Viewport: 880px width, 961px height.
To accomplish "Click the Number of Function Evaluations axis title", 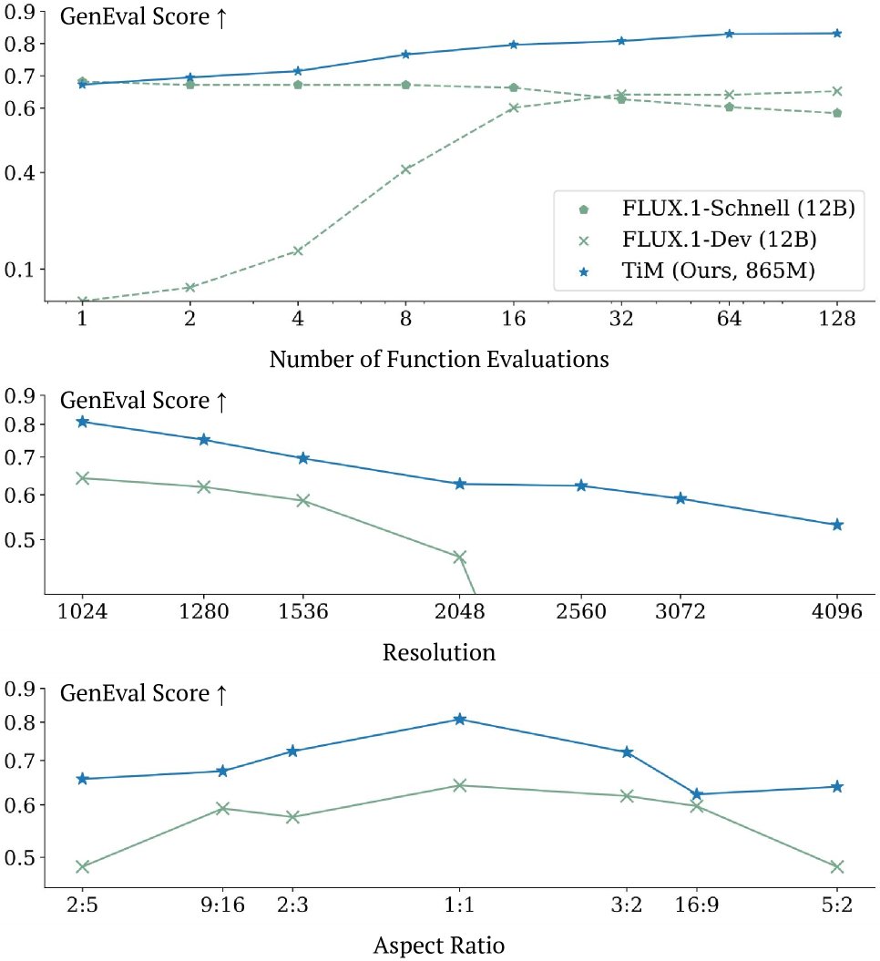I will point(439,359).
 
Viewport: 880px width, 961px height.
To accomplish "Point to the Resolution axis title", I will point(439,653).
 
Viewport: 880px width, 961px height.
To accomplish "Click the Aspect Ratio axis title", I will point(439,946).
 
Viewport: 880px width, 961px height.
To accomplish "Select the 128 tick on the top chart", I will point(836,319).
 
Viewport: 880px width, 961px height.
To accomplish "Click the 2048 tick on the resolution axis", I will point(459,612).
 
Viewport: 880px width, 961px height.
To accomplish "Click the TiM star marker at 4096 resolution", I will point(837,525).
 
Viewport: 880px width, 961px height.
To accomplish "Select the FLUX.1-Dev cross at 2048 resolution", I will point(459,557).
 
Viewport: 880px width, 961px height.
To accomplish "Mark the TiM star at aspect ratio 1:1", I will point(459,720).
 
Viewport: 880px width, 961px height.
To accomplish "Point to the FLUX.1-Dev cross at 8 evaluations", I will point(406,169).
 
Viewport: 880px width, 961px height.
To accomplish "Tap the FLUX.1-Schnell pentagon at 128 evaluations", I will point(837,113).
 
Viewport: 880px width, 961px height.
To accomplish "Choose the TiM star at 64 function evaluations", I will point(729,35).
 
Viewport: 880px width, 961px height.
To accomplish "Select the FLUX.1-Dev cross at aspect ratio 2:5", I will point(82,866).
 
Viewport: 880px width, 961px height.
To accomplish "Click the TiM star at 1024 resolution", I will point(82,422).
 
